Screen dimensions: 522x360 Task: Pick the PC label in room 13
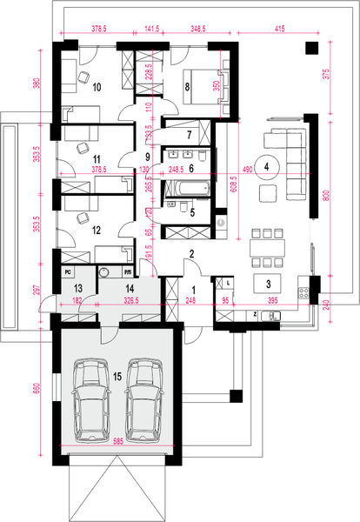67,271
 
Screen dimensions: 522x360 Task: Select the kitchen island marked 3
269,284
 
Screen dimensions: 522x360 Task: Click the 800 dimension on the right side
327,197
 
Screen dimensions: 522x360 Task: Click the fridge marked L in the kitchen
228,283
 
